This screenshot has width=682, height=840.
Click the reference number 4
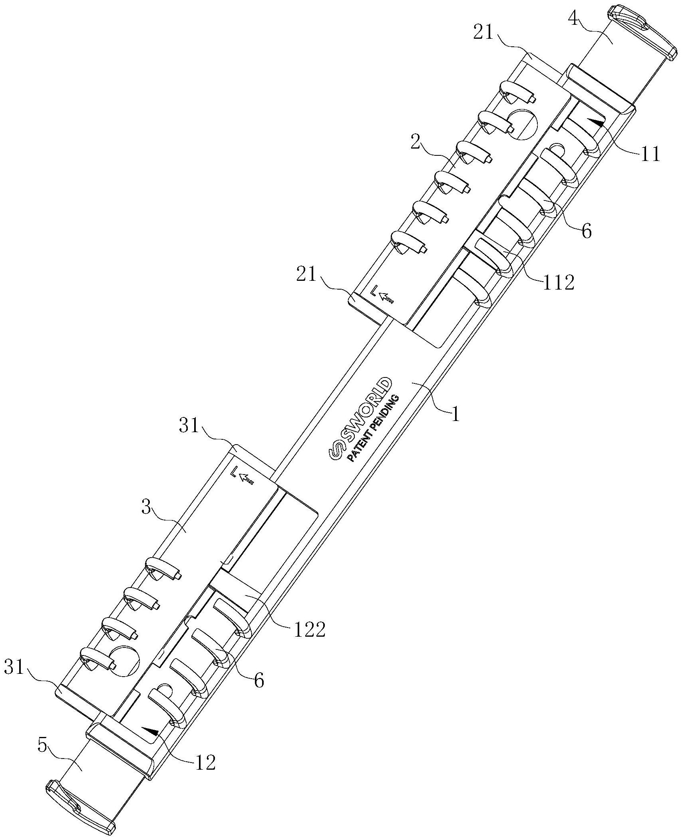click(575, 19)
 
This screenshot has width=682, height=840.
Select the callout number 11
click(650, 154)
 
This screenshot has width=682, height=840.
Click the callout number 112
click(558, 282)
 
